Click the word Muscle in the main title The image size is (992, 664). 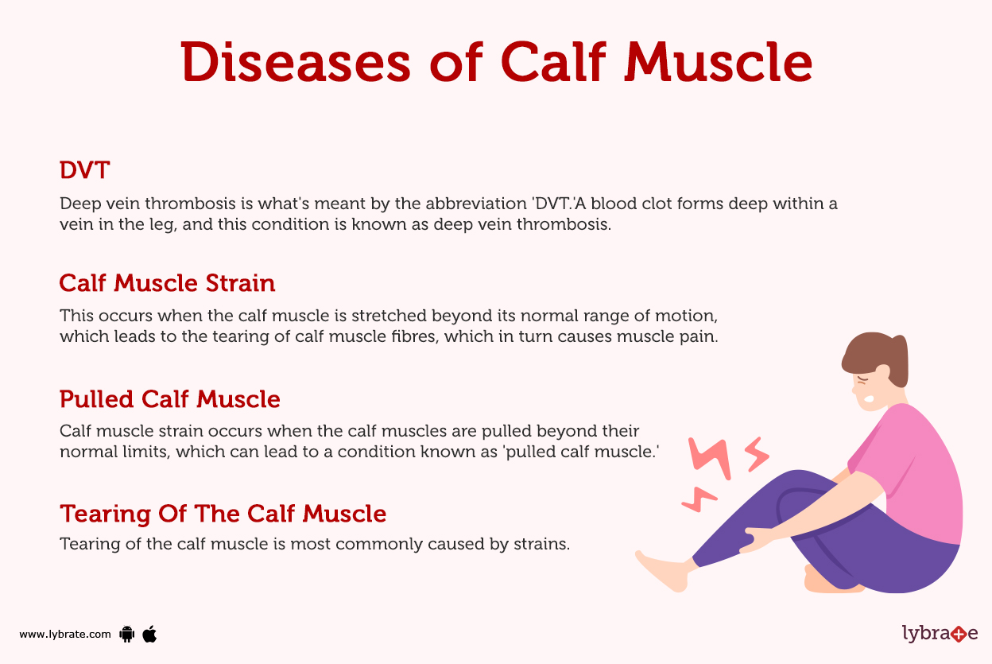click(718, 62)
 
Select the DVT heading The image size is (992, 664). click(84, 169)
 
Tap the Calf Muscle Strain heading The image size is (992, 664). click(167, 283)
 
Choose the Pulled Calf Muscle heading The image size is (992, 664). click(169, 398)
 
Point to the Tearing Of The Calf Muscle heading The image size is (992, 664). click(223, 514)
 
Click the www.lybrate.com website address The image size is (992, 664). click(65, 634)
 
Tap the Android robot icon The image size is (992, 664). click(126, 634)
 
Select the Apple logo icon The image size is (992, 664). click(149, 633)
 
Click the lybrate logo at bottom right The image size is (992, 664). click(940, 633)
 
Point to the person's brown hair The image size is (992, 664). click(874, 358)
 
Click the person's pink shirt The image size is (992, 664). click(914, 477)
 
